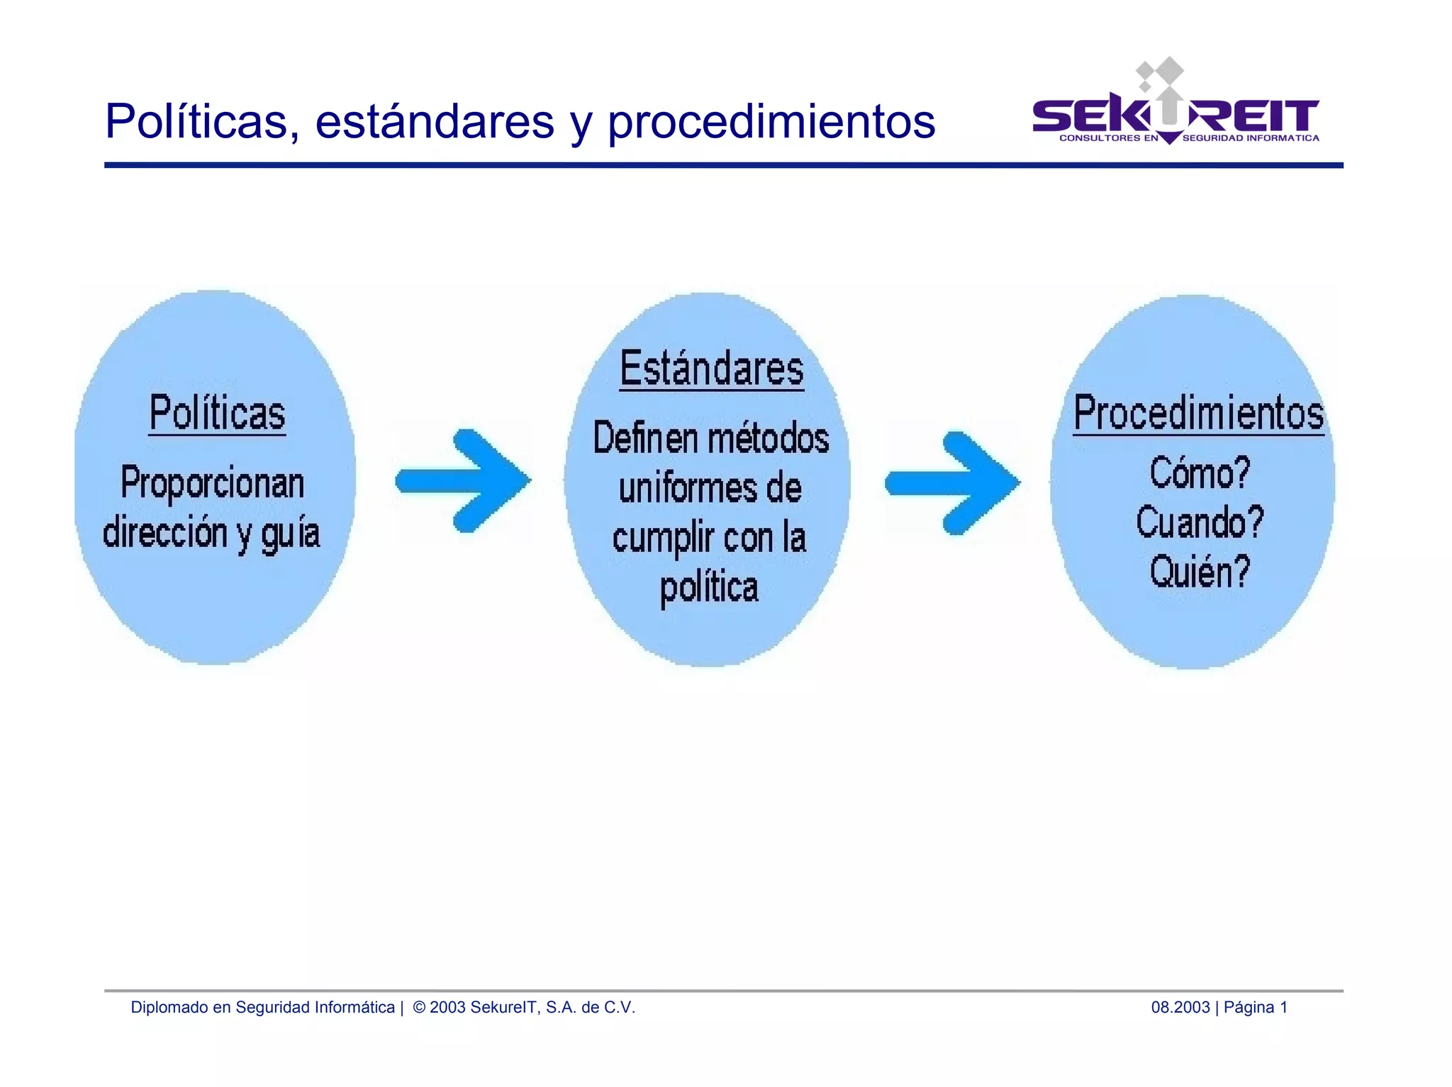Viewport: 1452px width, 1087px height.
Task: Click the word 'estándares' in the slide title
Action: [x=434, y=121]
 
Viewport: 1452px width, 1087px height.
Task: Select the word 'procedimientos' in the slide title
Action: [x=771, y=123]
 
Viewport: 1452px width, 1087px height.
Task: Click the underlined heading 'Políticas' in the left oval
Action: [x=217, y=413]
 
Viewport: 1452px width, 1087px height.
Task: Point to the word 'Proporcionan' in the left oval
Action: [x=213, y=483]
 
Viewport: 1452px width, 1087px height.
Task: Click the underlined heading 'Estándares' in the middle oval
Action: [x=712, y=368]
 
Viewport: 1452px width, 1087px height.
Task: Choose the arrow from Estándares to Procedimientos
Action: [x=953, y=483]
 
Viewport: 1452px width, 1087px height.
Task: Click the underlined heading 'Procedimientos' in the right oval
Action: [x=1198, y=413]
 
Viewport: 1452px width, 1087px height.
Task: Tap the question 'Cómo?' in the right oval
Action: [x=1200, y=473]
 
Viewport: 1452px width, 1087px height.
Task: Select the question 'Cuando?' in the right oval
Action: [x=1200, y=522]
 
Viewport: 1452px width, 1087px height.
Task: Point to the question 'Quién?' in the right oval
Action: [x=1200, y=572]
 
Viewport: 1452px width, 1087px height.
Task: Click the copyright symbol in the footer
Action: [x=419, y=1007]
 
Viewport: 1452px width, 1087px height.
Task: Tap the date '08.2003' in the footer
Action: [x=1180, y=1007]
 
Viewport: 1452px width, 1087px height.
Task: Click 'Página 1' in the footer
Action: [x=1255, y=1007]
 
